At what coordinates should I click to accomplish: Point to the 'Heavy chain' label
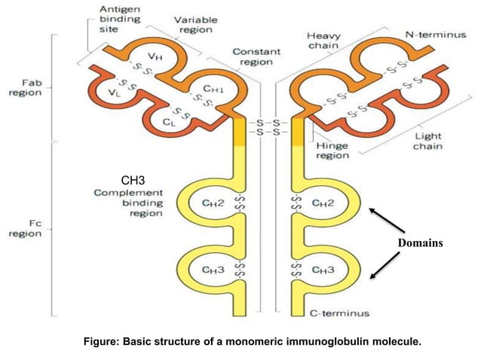pos(325,41)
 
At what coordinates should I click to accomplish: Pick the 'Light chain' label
pos(427,141)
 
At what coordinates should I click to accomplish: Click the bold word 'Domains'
pos(420,243)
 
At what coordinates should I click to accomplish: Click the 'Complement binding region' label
pos(127,203)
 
